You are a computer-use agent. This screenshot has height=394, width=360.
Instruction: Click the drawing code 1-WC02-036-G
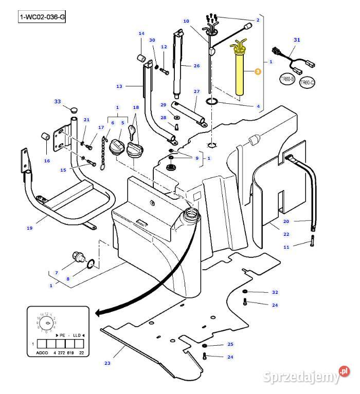(x=43, y=17)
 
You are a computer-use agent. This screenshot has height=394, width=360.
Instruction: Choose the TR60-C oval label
(x=307, y=82)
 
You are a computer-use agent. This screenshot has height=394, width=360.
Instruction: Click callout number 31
(x=296, y=40)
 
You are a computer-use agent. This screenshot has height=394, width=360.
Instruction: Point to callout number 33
(x=58, y=101)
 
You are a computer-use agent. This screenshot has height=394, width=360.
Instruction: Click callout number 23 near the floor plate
(x=107, y=363)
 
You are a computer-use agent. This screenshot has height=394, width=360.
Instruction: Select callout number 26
(x=196, y=66)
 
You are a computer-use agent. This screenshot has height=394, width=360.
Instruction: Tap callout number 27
(x=196, y=91)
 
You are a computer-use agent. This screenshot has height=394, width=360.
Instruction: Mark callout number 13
(x=119, y=86)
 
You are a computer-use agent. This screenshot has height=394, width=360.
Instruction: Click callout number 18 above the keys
(x=136, y=107)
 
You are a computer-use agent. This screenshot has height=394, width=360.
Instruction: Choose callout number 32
(x=275, y=292)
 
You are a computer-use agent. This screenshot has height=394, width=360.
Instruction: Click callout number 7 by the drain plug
(x=56, y=272)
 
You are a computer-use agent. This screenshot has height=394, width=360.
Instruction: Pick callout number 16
(x=47, y=160)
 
